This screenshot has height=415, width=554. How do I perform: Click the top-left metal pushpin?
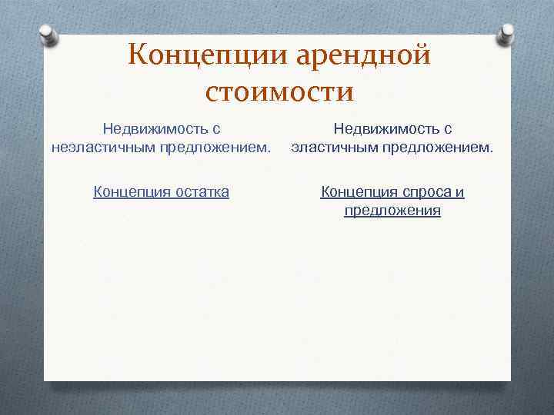click(48, 35)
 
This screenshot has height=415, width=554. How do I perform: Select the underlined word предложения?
click(392, 210)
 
